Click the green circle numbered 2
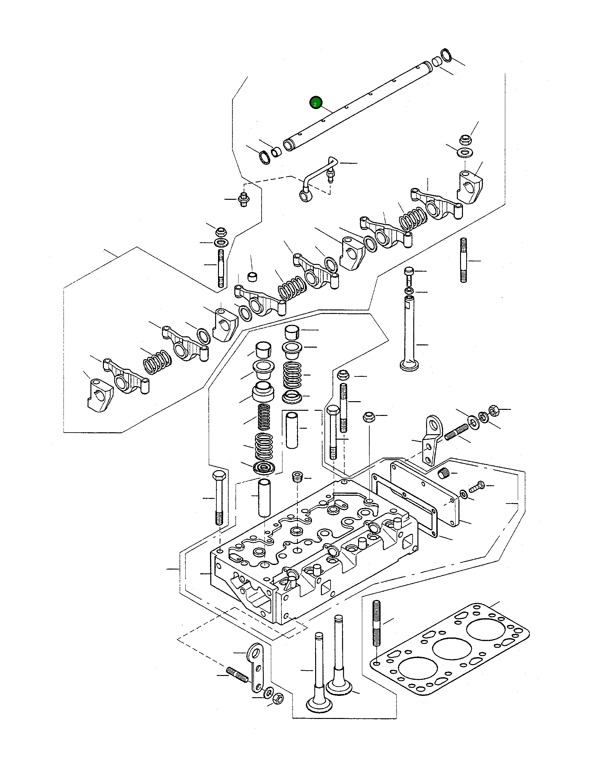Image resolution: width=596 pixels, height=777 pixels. tap(315, 103)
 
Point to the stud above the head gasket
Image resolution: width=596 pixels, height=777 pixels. tap(377, 623)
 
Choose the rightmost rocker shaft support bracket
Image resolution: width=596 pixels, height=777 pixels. tap(469, 186)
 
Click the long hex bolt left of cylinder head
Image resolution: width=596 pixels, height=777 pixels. tap(219, 497)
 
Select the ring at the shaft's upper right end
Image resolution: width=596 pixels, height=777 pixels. tap(446, 55)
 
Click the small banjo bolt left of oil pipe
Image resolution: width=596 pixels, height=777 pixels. tap(243, 199)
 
